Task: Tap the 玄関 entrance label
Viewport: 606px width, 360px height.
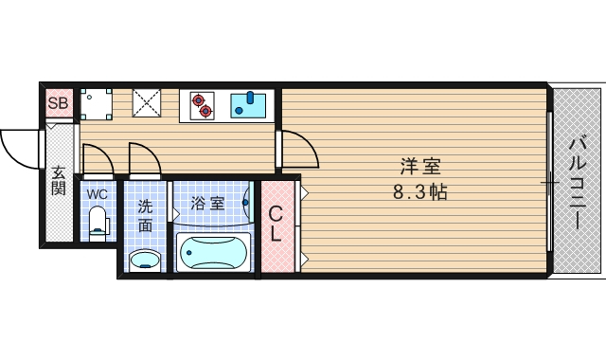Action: pos(59,182)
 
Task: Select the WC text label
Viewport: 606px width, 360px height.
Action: pos(97,194)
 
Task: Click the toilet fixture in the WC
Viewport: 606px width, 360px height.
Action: pos(97,224)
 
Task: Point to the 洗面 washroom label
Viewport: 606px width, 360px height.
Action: pos(145,216)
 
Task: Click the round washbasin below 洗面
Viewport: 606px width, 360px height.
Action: pos(145,260)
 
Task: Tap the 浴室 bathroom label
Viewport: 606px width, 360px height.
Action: pos(207,203)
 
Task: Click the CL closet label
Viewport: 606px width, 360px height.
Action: pos(276,225)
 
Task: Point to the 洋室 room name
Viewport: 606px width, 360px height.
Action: pos(419,168)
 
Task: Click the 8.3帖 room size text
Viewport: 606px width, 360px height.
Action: pos(419,191)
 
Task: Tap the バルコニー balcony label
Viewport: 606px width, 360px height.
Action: pos(577,183)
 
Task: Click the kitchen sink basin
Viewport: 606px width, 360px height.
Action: pos(251,103)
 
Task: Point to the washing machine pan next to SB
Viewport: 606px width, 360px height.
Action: pos(97,102)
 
